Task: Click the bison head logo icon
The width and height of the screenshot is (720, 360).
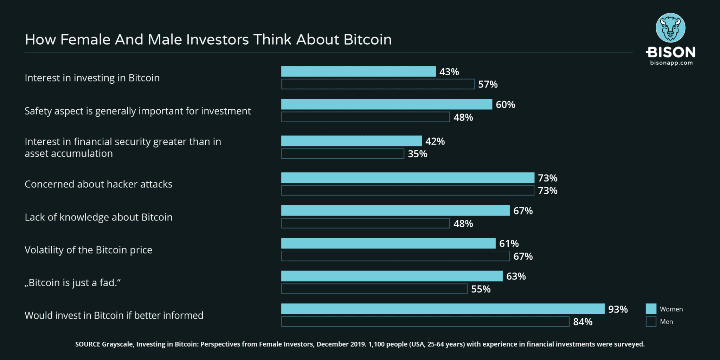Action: [670, 28]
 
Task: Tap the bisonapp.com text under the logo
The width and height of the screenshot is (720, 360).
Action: [671, 63]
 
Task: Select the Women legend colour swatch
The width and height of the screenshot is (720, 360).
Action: [651, 309]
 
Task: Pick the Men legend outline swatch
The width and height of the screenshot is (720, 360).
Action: [651, 322]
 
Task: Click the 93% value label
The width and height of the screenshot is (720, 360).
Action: [618, 309]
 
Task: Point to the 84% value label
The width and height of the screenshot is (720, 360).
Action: [583, 322]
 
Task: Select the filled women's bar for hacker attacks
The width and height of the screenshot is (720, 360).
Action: [407, 178]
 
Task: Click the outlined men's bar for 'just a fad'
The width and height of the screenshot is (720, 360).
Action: [374, 289]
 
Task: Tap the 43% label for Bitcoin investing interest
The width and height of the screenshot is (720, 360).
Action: [449, 72]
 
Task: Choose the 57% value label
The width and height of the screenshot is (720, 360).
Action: [488, 85]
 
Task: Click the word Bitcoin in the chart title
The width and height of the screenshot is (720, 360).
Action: [367, 40]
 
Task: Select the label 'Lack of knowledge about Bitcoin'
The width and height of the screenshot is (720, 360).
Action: [98, 217]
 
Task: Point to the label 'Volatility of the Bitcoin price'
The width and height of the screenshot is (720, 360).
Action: [88, 250]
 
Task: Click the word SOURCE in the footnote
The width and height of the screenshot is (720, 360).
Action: [88, 345]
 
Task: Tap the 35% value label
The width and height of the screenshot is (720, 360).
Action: [417, 154]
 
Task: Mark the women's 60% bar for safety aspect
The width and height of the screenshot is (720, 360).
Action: [386, 104]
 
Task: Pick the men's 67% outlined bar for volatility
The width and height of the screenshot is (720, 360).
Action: [395, 256]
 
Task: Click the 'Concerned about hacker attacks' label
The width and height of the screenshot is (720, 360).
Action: [98, 184]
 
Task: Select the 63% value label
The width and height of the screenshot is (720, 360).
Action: [516, 276]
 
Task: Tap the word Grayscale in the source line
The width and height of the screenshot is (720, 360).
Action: [117, 345]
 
